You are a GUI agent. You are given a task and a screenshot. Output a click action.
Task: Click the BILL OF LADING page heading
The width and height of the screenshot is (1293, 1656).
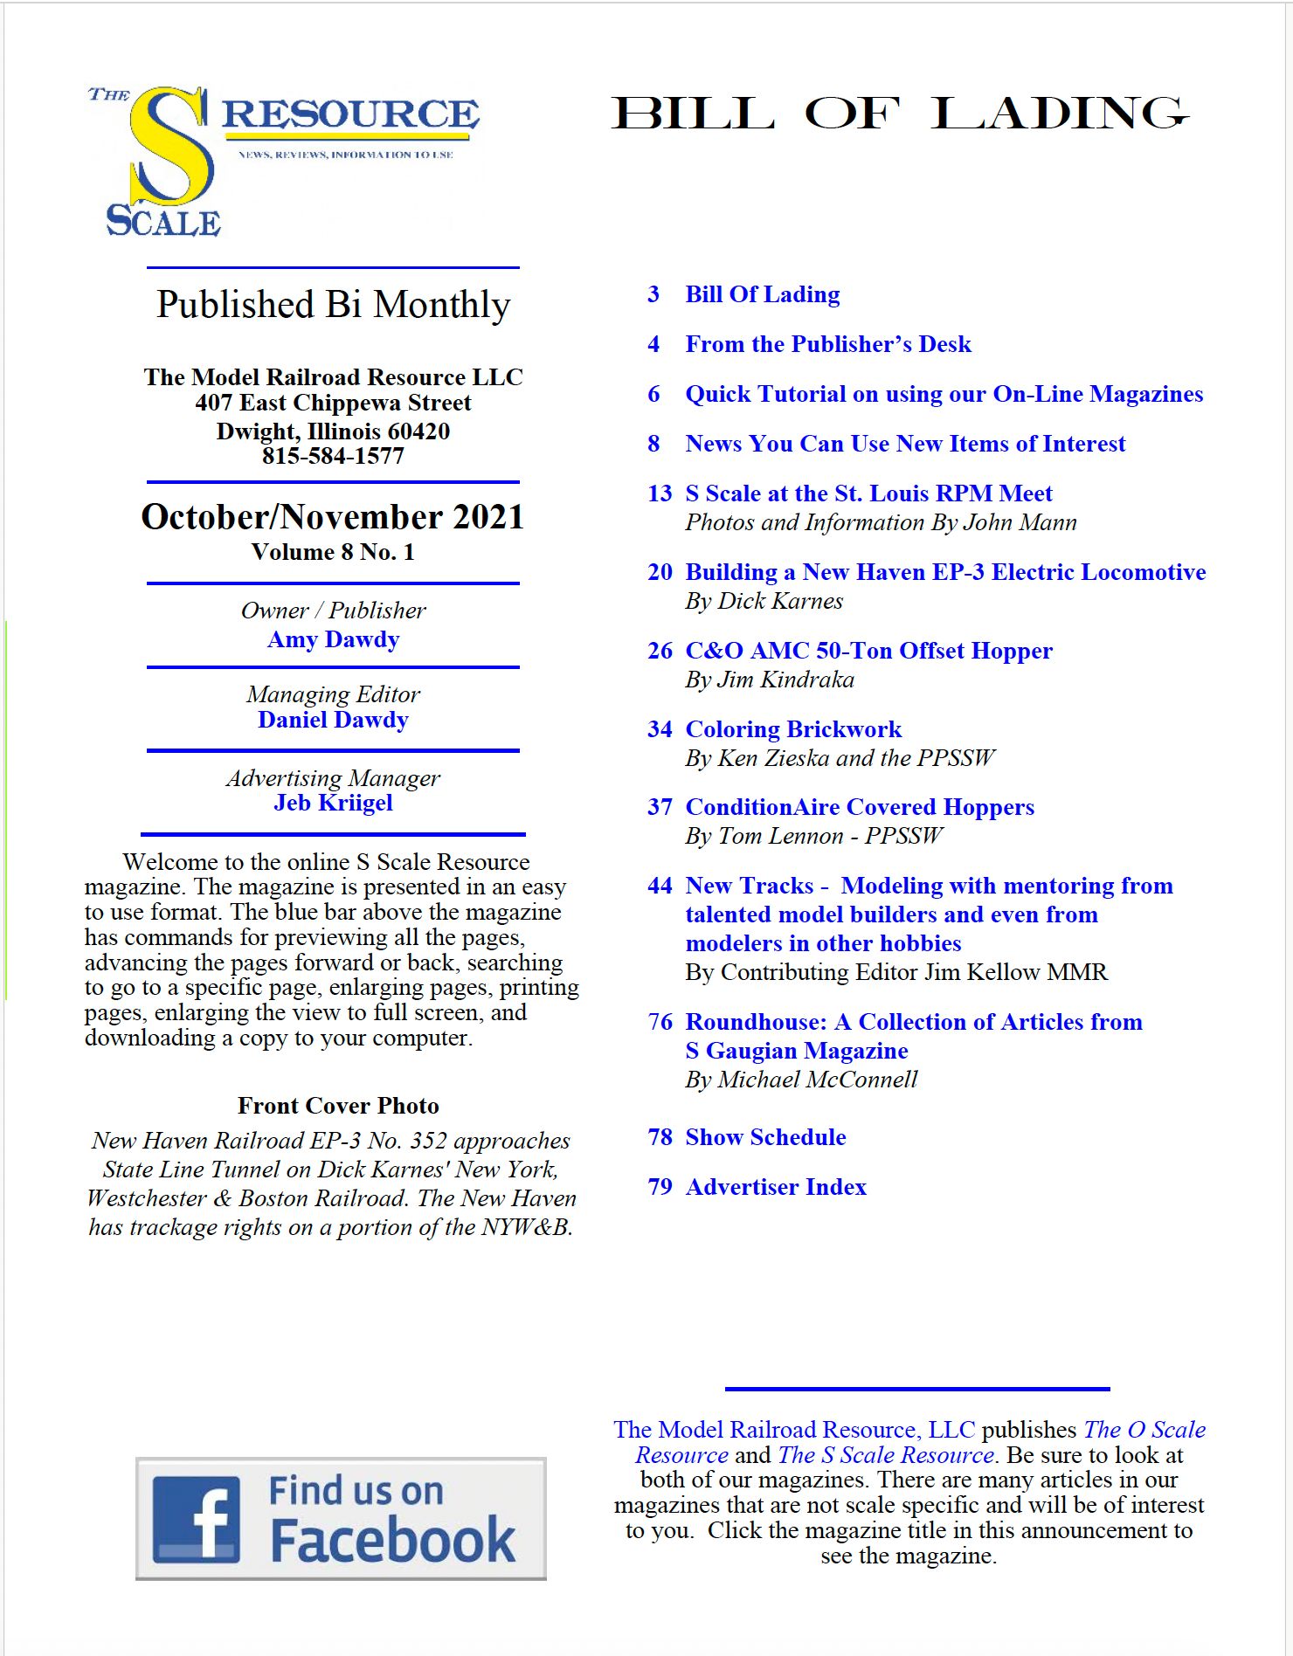tap(900, 114)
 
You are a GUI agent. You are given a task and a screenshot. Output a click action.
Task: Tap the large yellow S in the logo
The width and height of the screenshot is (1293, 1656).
tap(171, 148)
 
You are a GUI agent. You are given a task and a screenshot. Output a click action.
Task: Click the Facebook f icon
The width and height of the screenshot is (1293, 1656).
tap(197, 1519)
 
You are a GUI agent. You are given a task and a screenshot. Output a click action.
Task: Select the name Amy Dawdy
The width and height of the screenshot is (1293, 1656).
tap(333, 639)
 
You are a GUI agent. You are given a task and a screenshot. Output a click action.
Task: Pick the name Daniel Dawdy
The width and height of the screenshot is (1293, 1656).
tap(333, 720)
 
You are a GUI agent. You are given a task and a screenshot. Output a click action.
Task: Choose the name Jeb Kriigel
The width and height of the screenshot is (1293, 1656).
tap(333, 803)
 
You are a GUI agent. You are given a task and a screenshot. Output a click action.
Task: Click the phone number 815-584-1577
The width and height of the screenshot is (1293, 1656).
tap(333, 456)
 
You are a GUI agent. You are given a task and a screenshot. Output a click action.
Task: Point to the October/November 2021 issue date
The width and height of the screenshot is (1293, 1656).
tap(333, 517)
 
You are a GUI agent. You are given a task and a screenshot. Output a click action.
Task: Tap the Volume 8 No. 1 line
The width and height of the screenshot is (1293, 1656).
tap(333, 552)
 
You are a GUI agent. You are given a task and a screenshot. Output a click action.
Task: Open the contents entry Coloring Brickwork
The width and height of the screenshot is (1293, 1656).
tap(793, 729)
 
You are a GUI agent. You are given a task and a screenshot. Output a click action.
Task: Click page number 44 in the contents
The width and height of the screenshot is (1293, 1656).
tap(660, 886)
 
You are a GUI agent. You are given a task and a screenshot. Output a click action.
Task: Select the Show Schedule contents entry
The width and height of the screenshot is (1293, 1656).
tap(765, 1137)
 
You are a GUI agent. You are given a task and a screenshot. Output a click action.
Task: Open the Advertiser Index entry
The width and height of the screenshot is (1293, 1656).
tap(776, 1187)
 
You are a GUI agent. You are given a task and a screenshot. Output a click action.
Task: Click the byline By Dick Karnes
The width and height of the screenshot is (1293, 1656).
tap(764, 601)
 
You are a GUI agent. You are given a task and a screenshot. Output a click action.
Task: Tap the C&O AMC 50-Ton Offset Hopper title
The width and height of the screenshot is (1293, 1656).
tap(869, 651)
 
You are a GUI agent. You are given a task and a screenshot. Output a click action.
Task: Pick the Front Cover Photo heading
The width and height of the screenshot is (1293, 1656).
tap(338, 1106)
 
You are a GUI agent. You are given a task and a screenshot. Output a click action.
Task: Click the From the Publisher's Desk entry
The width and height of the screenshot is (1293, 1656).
tap(828, 344)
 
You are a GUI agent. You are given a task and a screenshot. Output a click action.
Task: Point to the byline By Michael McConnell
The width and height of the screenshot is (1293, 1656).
tap(801, 1080)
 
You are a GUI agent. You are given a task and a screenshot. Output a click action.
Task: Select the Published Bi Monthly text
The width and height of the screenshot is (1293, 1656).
tap(333, 305)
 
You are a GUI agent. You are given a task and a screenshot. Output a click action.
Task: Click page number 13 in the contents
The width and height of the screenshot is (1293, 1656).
tap(660, 493)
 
